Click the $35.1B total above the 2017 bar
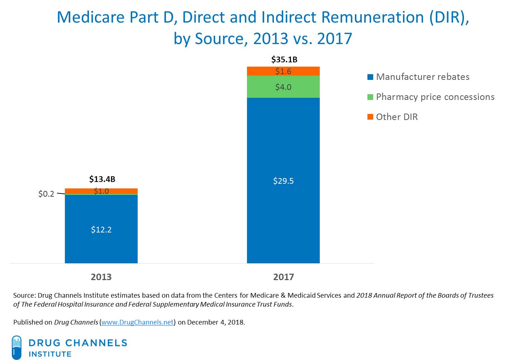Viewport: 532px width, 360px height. point(284,59)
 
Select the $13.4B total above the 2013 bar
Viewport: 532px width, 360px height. point(102,179)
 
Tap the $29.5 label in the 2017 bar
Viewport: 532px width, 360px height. point(283,181)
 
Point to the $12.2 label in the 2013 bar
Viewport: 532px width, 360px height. point(101,230)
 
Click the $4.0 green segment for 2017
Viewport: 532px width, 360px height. point(283,87)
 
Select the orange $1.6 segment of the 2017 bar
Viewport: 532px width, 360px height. point(283,71)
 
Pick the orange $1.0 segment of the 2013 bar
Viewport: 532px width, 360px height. point(101,191)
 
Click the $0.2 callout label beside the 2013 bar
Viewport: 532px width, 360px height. point(46,194)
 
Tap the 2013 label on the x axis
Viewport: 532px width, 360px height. point(101,277)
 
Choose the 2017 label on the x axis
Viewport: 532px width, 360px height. point(283,277)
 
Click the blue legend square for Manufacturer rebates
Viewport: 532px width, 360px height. point(370,77)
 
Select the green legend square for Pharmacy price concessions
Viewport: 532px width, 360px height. point(370,97)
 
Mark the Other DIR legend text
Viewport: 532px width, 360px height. point(397,117)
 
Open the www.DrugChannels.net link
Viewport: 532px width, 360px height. point(138,322)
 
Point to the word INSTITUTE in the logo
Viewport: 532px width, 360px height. point(50,354)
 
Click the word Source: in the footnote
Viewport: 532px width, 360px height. point(24,296)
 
